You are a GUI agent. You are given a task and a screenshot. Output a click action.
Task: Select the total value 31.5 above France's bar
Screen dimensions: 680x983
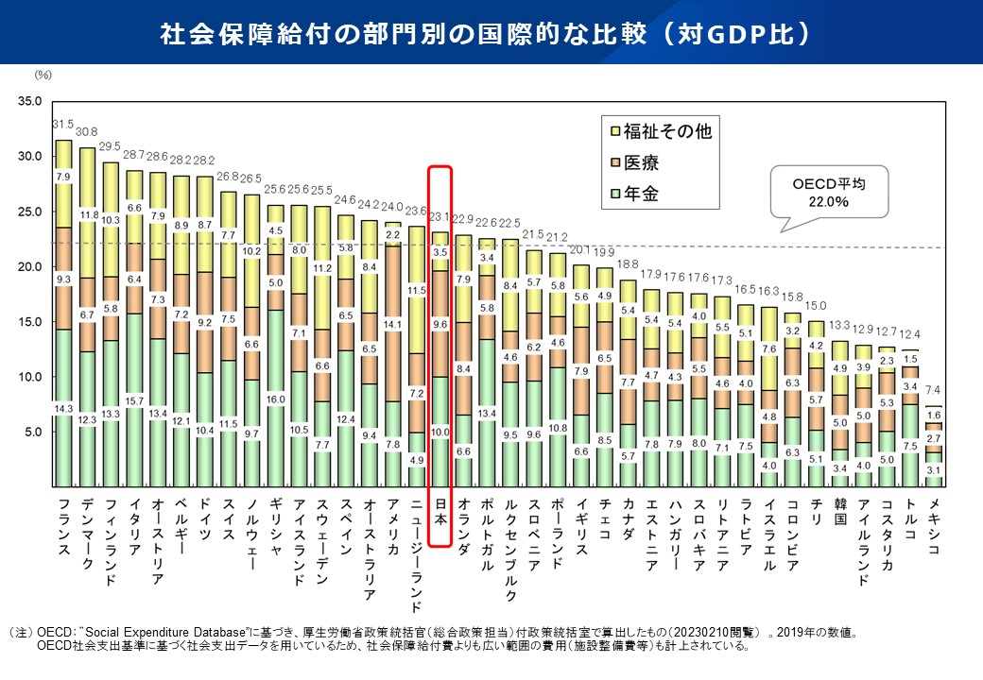[63, 124]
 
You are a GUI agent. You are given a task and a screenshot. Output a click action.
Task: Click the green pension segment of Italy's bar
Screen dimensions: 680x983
[134, 397]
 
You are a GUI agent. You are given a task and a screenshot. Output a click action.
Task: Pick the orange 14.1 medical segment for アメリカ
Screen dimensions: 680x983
[393, 323]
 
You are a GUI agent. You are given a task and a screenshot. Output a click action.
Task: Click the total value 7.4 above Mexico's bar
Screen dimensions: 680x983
[934, 390]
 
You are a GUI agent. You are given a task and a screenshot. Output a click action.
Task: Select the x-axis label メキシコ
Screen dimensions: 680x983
[933, 524]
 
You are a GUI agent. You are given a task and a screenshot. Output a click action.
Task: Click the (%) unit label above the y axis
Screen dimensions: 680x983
[43, 73]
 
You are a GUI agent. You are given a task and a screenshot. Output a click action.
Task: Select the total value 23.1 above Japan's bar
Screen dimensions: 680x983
[440, 217]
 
